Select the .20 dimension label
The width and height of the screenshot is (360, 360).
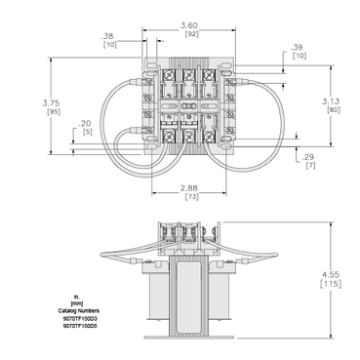(x=86, y=124)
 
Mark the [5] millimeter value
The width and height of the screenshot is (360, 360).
(x=86, y=134)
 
